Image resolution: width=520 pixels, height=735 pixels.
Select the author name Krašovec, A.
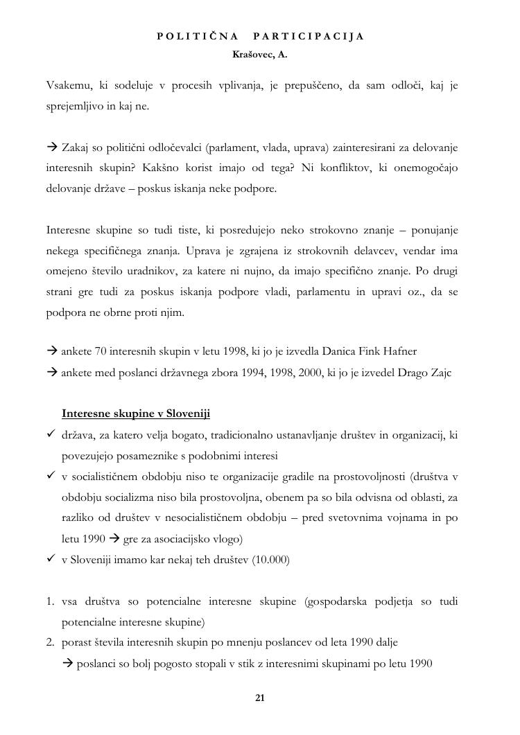260,53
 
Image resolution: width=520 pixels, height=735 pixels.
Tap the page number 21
260,698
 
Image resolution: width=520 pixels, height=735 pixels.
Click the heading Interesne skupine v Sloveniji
136,414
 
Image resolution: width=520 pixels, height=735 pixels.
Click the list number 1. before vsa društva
51,601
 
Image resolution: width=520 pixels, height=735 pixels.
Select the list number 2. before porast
51,642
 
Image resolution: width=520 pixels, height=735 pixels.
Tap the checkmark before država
51,434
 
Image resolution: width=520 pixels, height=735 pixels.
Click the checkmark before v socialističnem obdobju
51,476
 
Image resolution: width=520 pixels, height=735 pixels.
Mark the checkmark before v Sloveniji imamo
51,559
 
